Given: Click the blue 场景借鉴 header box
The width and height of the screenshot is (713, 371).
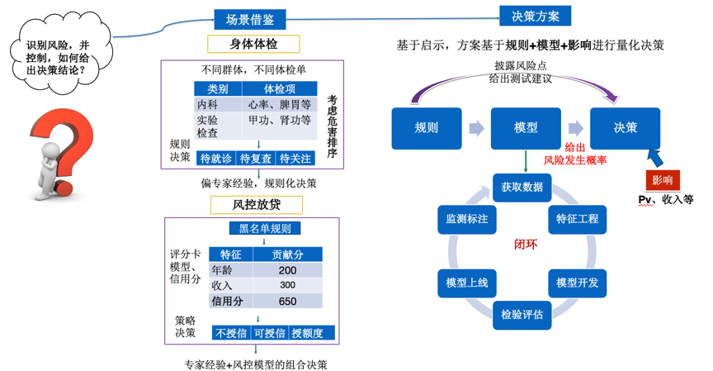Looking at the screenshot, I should point(249,19).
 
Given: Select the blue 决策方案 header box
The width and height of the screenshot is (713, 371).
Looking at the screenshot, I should point(535,16).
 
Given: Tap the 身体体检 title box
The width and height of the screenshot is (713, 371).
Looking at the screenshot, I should point(253,44).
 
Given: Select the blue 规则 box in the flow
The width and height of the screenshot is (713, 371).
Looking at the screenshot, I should point(426,128).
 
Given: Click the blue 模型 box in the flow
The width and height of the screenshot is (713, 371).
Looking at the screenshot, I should point(526,128).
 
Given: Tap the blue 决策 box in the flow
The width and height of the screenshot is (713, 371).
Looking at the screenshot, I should point(625,128).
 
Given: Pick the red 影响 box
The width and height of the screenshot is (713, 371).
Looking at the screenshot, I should point(662,179).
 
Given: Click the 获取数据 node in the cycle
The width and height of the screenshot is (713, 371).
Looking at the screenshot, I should point(522,187).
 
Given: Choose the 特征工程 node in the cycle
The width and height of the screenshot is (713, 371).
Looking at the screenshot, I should point(577,219).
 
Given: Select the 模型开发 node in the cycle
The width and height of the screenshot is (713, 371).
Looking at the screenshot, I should point(577,283).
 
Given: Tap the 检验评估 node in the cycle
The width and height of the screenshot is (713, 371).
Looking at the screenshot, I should point(522,315).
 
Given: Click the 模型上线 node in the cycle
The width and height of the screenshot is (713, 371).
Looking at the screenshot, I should point(466,283).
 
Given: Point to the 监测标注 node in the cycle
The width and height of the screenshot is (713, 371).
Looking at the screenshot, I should point(466,219).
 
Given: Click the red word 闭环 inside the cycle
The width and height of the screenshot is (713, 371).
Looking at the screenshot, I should point(526,245).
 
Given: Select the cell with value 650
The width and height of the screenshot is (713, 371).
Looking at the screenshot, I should point(287,302).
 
